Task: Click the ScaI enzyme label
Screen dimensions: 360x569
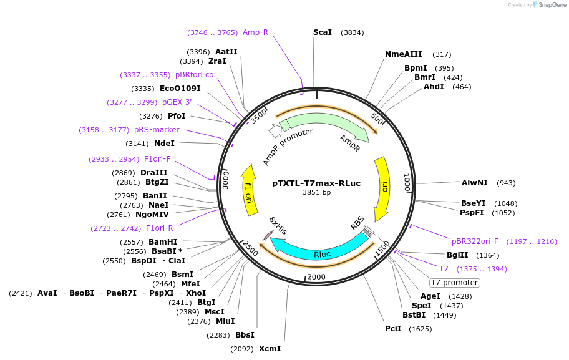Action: click(323, 32)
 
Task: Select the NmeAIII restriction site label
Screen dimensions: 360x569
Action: click(404, 54)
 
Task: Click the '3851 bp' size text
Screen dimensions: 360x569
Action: click(316, 192)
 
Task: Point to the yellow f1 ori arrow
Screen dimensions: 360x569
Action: click(250, 190)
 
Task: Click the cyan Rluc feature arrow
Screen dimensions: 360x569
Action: click(318, 250)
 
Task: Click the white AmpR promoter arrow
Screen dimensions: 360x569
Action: click(275, 130)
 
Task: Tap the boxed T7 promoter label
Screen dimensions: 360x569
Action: click(455, 283)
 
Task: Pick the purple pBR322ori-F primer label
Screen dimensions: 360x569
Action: click(475, 241)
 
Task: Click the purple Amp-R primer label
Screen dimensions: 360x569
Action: click(255, 32)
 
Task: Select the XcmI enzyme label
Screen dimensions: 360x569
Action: click(270, 349)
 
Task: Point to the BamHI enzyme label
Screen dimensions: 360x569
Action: click(163, 242)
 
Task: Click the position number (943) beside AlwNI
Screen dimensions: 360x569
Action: click(506, 183)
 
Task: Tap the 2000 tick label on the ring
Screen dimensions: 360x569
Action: click(316, 277)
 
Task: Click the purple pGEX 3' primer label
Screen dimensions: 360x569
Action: click(177, 102)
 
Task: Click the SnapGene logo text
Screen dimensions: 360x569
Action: click(549, 5)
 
